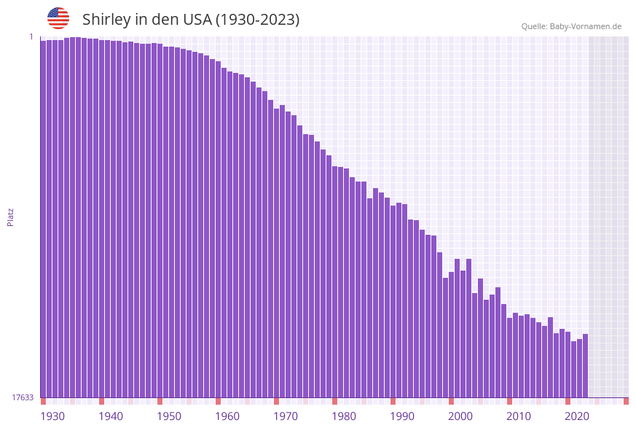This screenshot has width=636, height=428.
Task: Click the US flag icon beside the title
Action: click(58, 18)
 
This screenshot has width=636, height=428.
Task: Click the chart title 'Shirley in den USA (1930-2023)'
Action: click(191, 20)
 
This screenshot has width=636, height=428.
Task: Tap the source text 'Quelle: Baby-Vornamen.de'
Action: click(571, 26)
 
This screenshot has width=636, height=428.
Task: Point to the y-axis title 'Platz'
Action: click(11, 217)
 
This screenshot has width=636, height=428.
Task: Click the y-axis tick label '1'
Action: click(31, 36)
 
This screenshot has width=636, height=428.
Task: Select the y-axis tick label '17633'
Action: click(23, 397)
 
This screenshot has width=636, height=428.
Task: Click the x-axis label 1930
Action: click(52, 416)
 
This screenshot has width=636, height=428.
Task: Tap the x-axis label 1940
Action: click(111, 416)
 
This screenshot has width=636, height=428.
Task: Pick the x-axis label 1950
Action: click(169, 416)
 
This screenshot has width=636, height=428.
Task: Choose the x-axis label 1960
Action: click(227, 416)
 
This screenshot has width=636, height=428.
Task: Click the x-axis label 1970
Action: click(286, 416)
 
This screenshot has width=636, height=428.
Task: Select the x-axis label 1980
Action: click(344, 416)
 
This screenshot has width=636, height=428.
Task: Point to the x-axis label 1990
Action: click(402, 416)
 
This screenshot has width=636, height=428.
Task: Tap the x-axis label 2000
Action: click(460, 416)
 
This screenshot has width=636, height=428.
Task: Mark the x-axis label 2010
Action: click(519, 416)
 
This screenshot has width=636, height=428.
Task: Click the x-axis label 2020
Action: click(577, 416)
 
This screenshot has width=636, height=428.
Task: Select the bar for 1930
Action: click(43, 219)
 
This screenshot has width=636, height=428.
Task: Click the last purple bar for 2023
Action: click(585, 365)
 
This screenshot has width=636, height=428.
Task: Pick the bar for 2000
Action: click(451, 335)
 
